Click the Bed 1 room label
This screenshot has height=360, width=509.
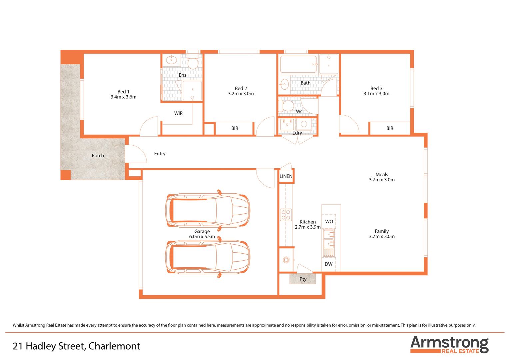[123, 92]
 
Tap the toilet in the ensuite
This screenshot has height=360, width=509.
[193, 62]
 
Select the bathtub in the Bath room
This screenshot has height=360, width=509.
[298, 64]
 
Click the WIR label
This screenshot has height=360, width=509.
[178, 113]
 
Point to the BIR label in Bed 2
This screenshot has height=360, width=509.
[235, 128]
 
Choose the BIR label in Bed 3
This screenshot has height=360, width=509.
[390, 128]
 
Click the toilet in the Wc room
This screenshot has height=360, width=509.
[286, 106]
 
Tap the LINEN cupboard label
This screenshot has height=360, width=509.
[286, 176]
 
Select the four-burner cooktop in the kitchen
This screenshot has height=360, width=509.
[286, 215]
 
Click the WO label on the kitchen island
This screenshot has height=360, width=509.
[329, 222]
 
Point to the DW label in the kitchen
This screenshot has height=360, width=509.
[328, 264]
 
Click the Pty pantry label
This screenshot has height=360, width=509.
[303, 279]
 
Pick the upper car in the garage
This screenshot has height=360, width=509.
[208, 210]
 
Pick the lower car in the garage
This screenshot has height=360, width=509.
[208, 257]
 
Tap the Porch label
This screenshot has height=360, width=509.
[98, 156]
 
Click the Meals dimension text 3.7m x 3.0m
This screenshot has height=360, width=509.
[382, 180]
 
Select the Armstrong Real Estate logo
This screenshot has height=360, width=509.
[449, 344]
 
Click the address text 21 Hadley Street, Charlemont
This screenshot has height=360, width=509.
[76, 346]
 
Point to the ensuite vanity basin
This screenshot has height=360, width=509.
[172, 60]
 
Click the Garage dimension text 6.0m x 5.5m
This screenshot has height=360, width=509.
[202, 237]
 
